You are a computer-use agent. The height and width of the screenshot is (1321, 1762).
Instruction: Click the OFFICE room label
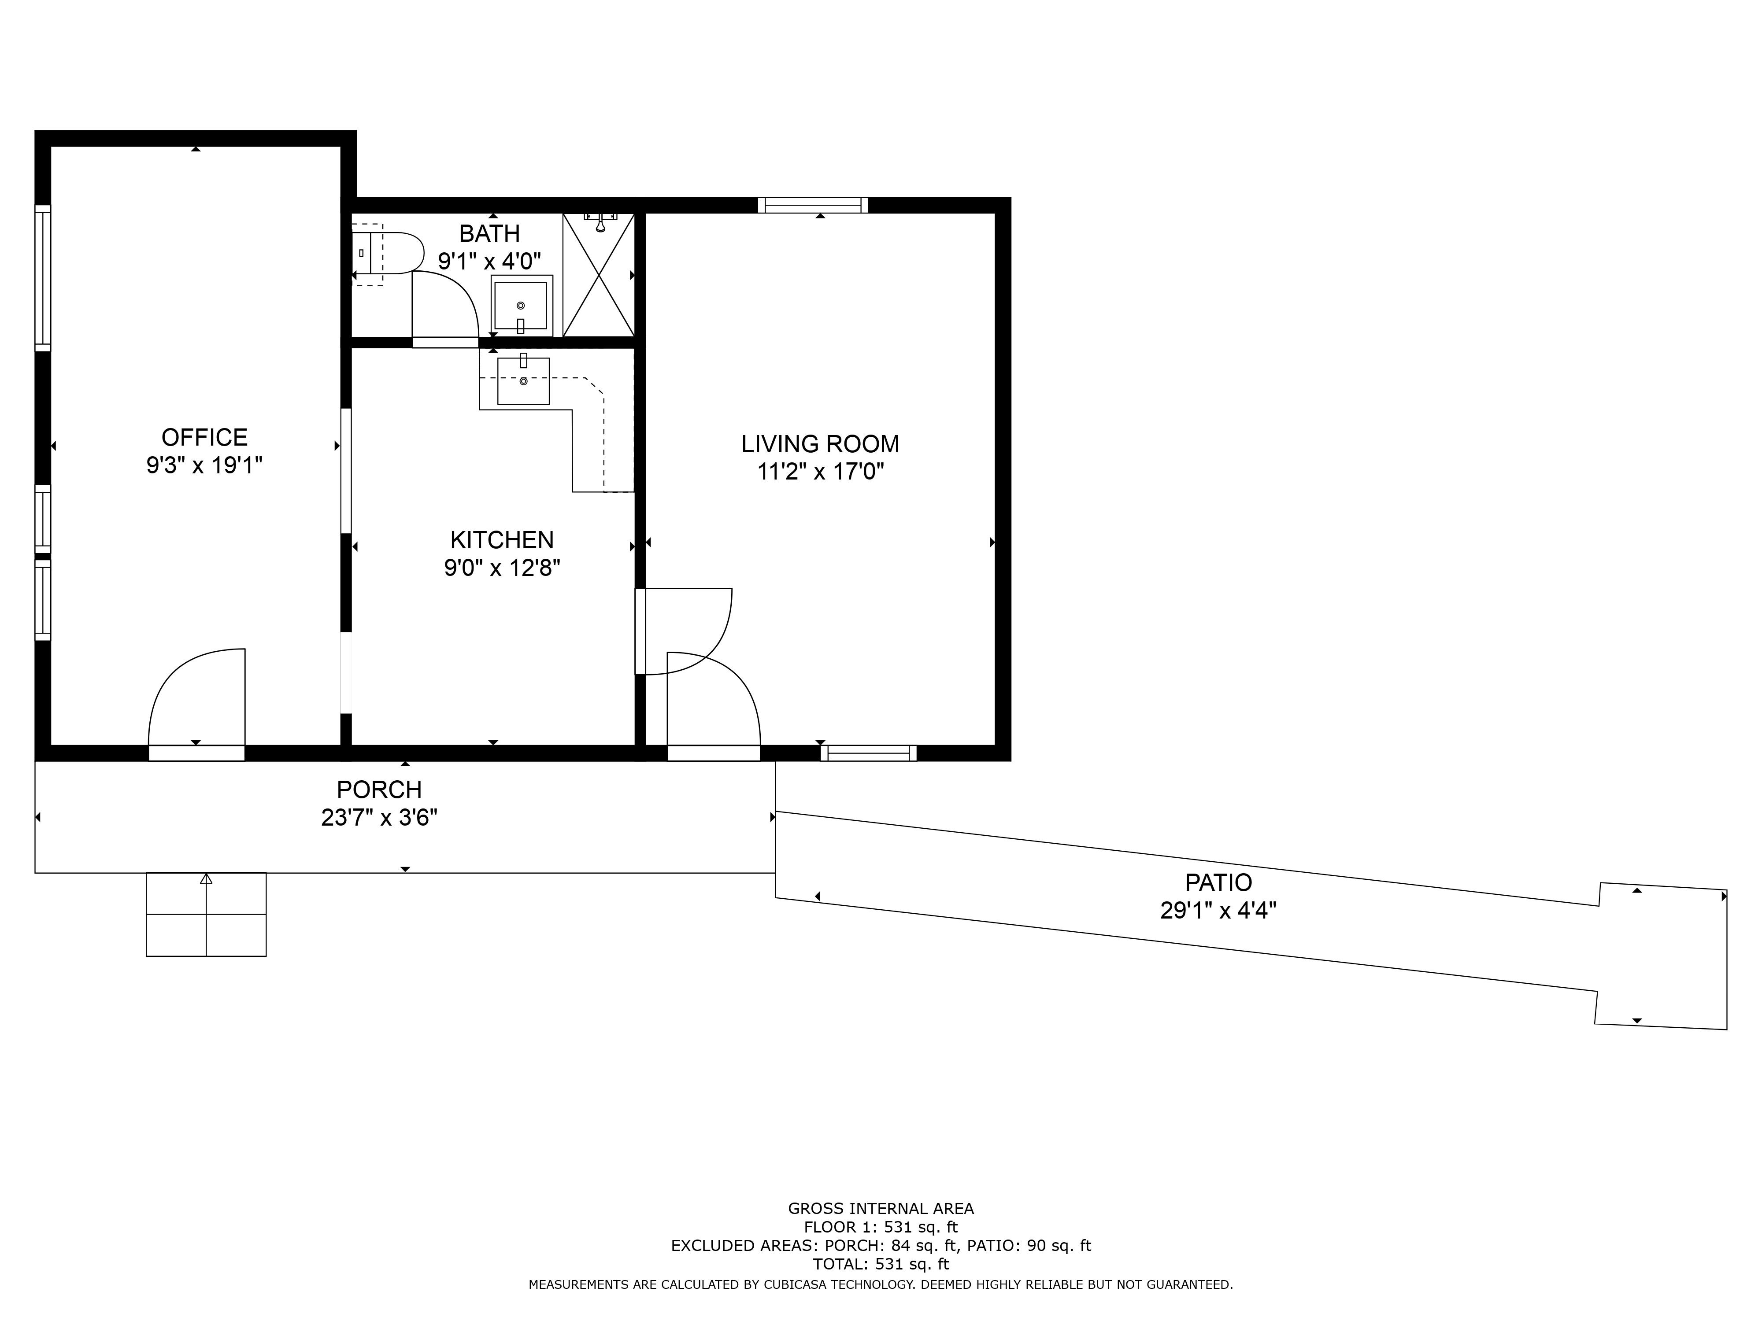click(x=205, y=437)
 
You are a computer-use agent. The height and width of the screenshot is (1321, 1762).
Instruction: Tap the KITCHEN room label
click(x=502, y=540)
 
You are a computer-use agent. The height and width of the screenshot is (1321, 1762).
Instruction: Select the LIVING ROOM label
click(x=821, y=443)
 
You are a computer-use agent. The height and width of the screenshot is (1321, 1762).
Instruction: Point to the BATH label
click(x=490, y=233)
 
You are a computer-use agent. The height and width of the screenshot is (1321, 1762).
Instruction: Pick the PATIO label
click(x=1219, y=882)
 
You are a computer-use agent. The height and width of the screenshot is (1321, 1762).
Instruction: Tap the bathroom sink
click(x=522, y=306)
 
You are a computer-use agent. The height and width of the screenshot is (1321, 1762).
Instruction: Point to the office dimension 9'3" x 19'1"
click(x=205, y=465)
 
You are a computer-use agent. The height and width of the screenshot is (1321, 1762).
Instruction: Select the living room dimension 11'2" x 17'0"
click(x=821, y=472)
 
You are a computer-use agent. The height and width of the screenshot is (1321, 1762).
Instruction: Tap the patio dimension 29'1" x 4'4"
click(x=1219, y=910)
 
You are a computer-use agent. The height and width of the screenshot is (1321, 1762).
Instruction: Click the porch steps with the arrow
click(x=206, y=914)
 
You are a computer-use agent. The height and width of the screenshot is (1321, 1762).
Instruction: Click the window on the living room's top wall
click(x=813, y=206)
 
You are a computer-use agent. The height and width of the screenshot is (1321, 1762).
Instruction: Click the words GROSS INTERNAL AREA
click(x=881, y=1209)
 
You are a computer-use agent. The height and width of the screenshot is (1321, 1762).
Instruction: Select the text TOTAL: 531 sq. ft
click(x=881, y=1264)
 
